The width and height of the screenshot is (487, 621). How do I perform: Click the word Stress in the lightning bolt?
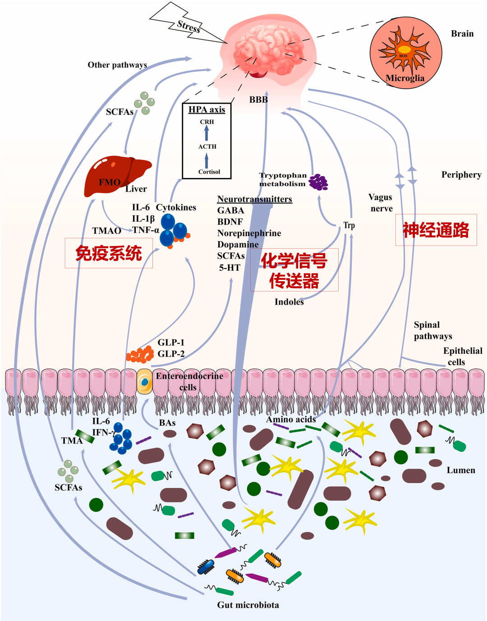point(189,27)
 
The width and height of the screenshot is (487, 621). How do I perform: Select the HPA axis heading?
point(207,110)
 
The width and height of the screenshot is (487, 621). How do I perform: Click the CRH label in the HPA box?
point(207,122)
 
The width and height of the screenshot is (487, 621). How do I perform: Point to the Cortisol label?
point(209,172)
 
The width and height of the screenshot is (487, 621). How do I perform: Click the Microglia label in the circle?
point(405,78)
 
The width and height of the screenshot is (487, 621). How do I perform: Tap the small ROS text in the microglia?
point(403,56)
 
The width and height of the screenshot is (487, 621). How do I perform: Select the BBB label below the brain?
point(258,100)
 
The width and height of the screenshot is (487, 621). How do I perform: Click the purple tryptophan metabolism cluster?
point(318,183)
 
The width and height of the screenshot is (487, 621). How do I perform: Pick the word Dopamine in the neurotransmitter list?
point(238,245)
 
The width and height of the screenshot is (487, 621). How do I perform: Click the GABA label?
point(230,210)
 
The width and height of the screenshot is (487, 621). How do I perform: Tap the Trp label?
point(349,225)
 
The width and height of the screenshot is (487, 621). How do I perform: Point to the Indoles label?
point(289,302)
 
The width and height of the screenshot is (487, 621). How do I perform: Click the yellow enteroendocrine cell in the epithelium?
point(144,382)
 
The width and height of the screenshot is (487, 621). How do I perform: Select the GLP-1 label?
point(171,342)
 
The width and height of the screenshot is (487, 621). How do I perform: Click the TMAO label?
point(107,231)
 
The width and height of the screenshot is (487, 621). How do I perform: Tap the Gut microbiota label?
point(248,605)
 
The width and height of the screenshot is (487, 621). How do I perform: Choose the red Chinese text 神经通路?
point(436,230)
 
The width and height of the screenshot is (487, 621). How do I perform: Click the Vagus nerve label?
point(380,203)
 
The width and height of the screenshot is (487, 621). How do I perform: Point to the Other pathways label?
point(117,65)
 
